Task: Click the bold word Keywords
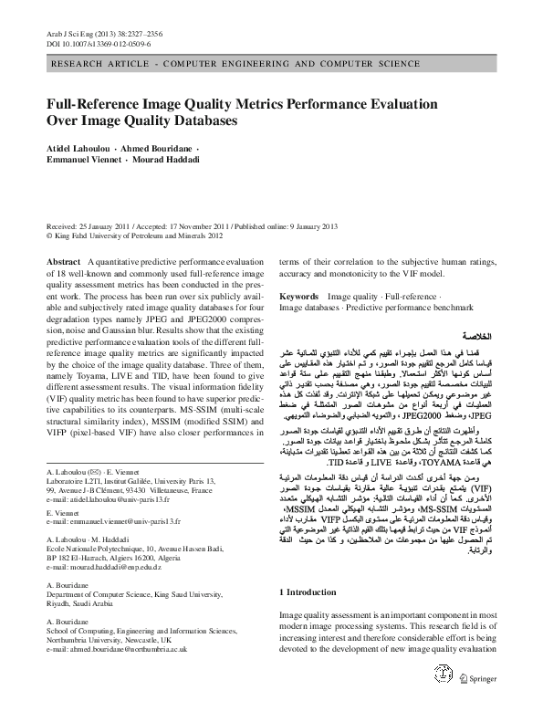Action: coord(298,297)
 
